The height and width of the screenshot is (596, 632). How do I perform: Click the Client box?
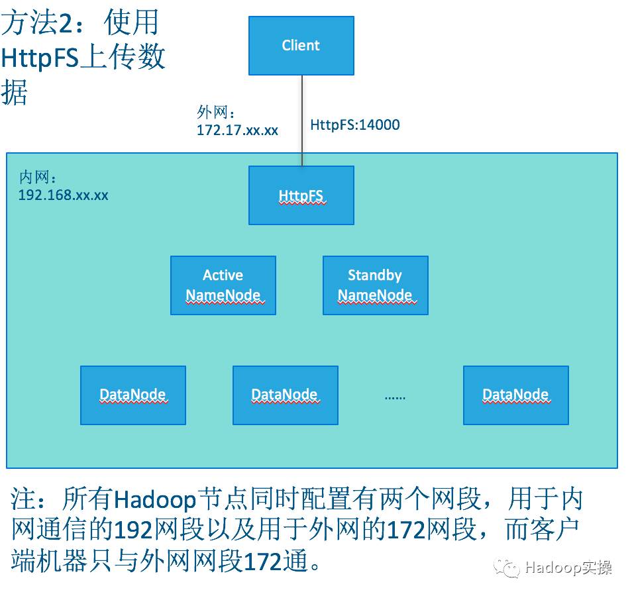coord(301,46)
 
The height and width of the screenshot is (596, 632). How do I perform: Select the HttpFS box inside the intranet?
coord(301,195)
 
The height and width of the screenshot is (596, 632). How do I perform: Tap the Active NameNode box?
coord(223,285)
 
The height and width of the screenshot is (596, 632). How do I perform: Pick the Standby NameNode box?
coord(375,285)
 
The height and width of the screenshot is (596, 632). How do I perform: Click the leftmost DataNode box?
coord(132,395)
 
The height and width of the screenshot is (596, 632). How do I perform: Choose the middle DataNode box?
coord(285,395)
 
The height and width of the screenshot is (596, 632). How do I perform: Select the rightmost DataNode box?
coord(515,395)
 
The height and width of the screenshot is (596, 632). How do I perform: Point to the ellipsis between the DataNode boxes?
coord(395,397)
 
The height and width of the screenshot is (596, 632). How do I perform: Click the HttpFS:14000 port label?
coord(355,124)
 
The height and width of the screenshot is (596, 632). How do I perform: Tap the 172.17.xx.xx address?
coord(237,130)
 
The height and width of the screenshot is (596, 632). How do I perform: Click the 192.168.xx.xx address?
coord(64,195)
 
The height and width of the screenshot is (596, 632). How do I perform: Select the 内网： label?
coord(39,177)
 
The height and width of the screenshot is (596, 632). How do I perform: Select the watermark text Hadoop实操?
coord(568,568)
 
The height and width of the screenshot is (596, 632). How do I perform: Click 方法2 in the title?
coord(44,23)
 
